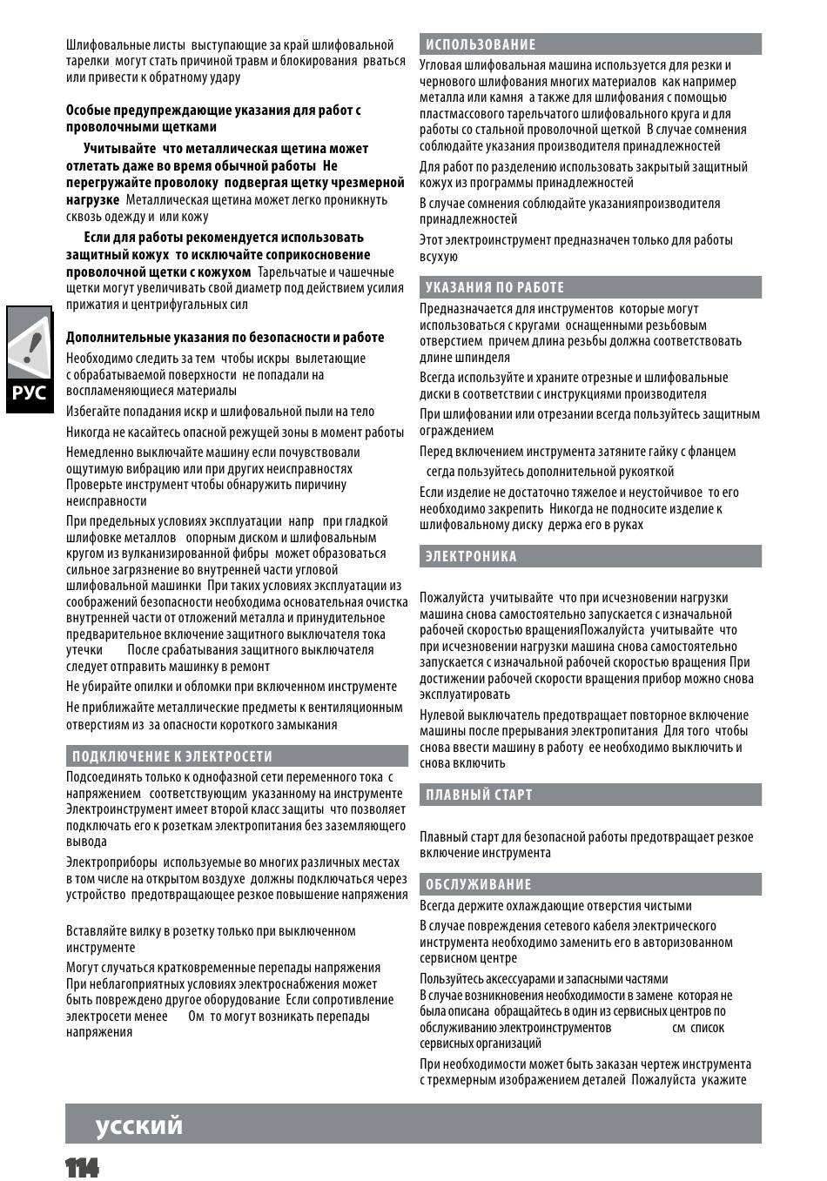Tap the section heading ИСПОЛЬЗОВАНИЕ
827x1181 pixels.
click(481, 44)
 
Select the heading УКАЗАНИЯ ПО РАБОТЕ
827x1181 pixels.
click(494, 287)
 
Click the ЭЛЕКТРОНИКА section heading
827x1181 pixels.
click(471, 557)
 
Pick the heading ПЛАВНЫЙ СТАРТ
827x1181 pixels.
click(479, 795)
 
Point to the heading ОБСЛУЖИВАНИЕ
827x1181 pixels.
click(478, 885)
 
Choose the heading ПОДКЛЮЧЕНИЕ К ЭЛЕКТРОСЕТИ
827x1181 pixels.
click(172, 756)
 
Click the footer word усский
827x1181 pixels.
click(139, 1125)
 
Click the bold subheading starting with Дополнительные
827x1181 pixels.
click(225, 338)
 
